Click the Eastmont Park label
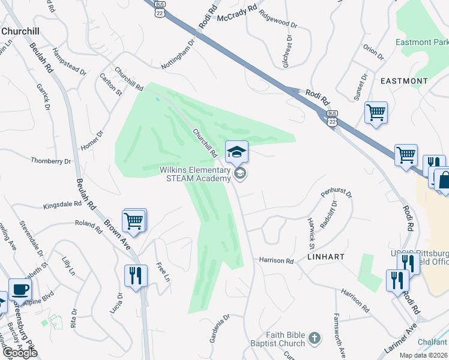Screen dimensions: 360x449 [x=422, y=43]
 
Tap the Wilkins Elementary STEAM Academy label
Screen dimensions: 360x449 [x=196, y=174]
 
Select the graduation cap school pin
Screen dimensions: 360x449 [x=237, y=152]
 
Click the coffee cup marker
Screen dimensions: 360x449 [x=20, y=289]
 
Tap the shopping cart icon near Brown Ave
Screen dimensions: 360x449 [x=134, y=220]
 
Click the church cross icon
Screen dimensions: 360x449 [x=315, y=340]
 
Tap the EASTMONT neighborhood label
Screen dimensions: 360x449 [x=403, y=80]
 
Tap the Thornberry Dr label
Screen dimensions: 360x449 [x=51, y=161]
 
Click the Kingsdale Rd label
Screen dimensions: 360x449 [x=62, y=205]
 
